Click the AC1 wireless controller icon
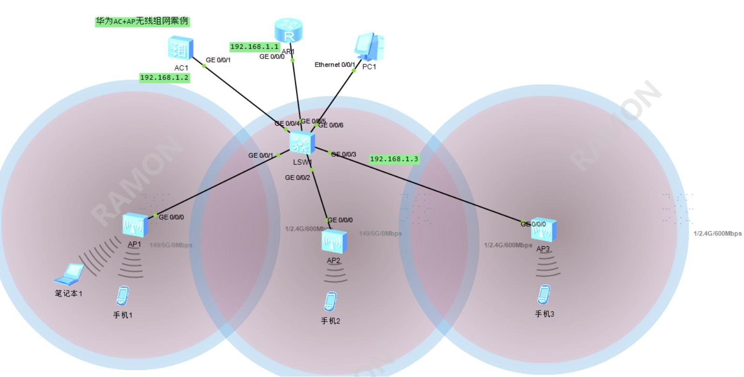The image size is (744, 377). tap(181, 48)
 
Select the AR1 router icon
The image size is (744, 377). tap(289, 31)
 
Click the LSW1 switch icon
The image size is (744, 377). tap(302, 143)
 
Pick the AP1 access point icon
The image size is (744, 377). tap(135, 225)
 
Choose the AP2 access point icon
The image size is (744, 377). tap(334, 241)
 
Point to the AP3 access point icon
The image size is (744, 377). tap(543, 230)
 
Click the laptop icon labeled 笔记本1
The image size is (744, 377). tap(69, 275)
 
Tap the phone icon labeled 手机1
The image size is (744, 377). tap(122, 296)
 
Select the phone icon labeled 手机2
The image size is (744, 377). tap(331, 301)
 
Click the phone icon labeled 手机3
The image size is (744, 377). tap(543, 294)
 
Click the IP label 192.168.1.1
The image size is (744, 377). tap(255, 47)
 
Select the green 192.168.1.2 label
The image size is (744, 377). tap(164, 78)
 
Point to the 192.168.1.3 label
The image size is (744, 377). tap(394, 159)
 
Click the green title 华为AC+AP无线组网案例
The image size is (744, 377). tap(142, 21)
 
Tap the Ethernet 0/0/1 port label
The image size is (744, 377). tap(335, 65)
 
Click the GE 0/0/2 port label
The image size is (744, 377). tap(297, 177)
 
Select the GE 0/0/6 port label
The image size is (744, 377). tap(331, 125)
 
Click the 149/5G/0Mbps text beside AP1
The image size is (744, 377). tap(171, 245)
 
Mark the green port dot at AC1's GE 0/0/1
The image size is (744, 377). tap(203, 66)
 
